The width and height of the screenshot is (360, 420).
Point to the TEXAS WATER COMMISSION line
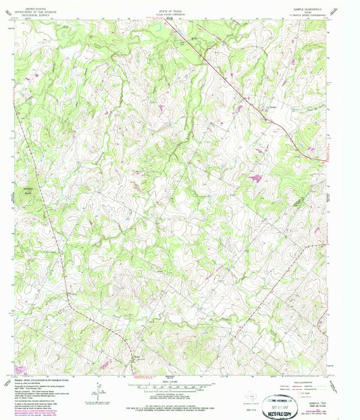click(x=179, y=12)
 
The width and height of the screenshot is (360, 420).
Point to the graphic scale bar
click(x=179, y=386)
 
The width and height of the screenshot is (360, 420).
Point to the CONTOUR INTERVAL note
click(x=179, y=394)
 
